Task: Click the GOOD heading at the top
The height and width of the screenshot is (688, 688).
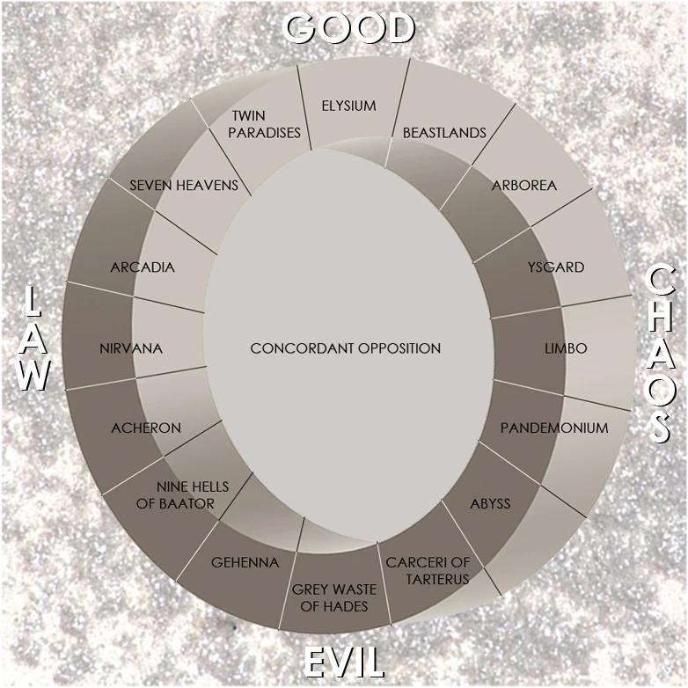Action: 349,28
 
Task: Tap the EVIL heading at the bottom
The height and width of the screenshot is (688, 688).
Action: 344,662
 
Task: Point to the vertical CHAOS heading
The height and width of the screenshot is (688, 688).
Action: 660,355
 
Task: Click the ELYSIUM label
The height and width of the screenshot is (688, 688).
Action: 348,106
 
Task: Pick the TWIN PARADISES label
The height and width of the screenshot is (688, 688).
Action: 264,124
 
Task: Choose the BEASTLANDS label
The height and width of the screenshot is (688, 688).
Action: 444,133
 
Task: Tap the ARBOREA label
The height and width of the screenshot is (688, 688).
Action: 523,185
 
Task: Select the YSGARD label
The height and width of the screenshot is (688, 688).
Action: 556,267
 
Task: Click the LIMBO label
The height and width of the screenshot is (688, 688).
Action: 566,348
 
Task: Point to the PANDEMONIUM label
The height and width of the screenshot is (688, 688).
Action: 554,428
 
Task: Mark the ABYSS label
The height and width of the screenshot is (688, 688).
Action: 490,503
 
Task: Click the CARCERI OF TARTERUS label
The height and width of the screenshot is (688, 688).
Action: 428,570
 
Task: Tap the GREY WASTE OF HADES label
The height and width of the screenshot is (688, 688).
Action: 334,597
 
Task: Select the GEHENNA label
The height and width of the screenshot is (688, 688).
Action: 245,562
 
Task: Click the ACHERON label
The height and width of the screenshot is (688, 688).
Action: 146,428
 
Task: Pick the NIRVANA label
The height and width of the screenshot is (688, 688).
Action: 131,348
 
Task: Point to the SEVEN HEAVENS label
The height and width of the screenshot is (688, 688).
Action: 184,185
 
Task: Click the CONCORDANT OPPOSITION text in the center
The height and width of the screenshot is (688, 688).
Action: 345,348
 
